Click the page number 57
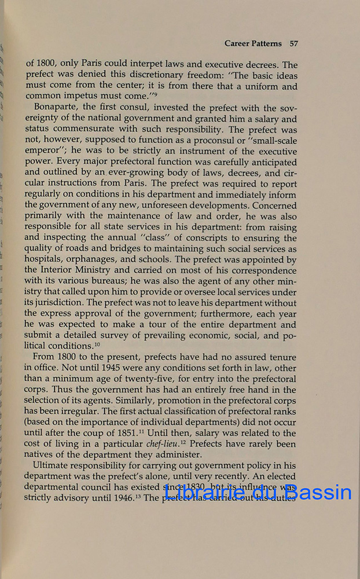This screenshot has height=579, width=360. [293, 43]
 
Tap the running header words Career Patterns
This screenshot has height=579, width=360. [253, 43]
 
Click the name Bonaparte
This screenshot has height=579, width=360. [57, 108]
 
